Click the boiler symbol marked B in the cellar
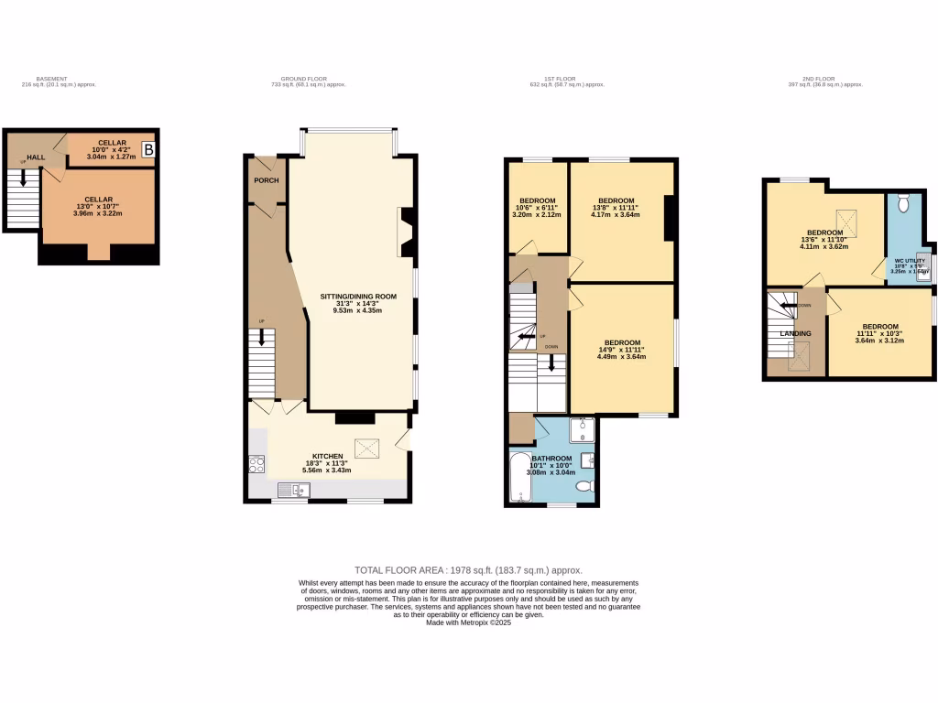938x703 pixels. [x=149, y=147]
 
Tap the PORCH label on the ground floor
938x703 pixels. [x=266, y=180]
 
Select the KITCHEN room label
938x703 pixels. [x=327, y=456]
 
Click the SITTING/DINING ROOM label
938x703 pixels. [x=358, y=296]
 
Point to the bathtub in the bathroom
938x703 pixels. [x=520, y=477]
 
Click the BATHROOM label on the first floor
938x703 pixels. [x=551, y=458]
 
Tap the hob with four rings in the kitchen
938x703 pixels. [x=256, y=464]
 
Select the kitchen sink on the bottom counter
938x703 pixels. [x=302, y=491]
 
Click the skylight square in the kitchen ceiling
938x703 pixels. [x=368, y=447]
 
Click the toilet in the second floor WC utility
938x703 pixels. [x=903, y=202]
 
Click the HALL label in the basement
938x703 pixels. [x=36, y=157]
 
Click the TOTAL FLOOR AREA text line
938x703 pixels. [x=468, y=569]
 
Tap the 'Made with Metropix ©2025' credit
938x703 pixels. [x=468, y=622]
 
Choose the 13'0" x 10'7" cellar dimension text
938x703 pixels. [x=99, y=207]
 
